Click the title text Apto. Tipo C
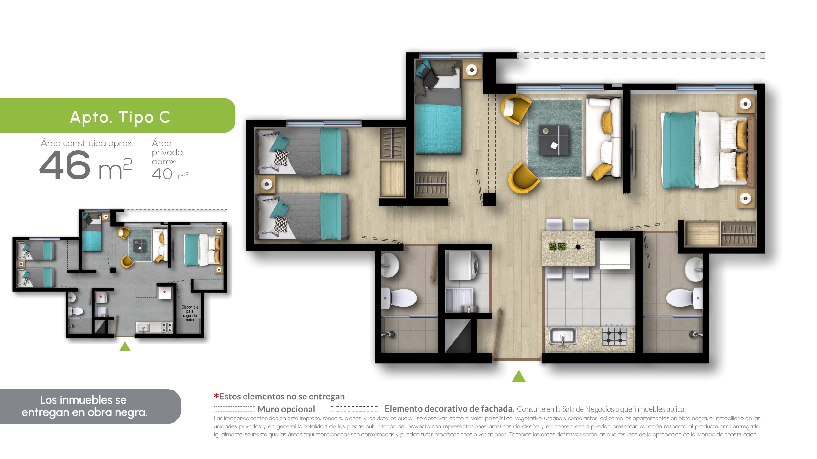[x=120, y=117]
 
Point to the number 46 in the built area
[x=65, y=165]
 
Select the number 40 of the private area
[x=162, y=174]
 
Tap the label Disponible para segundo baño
[x=190, y=313]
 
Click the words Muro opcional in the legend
[x=286, y=409]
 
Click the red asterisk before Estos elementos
[x=216, y=396]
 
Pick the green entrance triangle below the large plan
[x=519, y=376]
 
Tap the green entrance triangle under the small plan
[x=125, y=346]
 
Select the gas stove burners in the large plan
[x=614, y=336]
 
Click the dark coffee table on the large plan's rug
[x=554, y=140]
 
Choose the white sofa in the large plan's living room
[x=603, y=138]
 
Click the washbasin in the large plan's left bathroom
[x=390, y=265]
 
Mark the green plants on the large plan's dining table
[x=557, y=246]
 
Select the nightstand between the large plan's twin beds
[x=266, y=184]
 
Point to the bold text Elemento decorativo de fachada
[x=449, y=409]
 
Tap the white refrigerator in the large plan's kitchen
[x=615, y=254]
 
